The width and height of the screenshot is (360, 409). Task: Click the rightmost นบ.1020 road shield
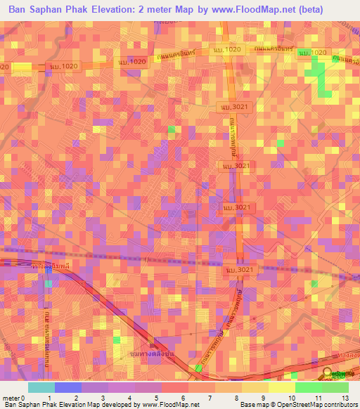pos(313,53)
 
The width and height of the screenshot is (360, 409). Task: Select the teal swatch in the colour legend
pos(41,387)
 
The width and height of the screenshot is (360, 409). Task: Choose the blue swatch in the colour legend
pos(67,387)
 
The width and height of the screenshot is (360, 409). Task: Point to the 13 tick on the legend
pos(345,398)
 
